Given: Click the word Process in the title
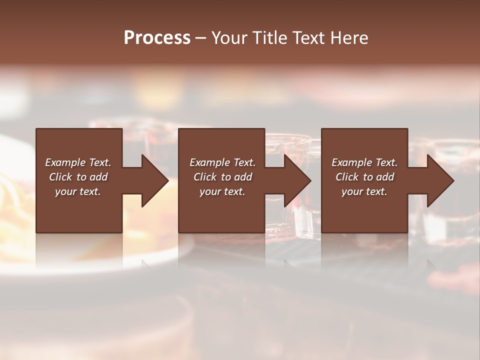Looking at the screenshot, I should [157, 38].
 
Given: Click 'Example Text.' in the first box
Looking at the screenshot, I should [78, 162].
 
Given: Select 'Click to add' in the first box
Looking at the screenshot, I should [78, 177].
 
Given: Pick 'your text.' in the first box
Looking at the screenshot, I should [78, 191].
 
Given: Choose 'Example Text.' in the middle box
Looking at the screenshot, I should [222, 162].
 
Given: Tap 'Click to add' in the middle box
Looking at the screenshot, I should [222, 177].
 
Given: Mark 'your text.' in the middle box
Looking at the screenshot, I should [222, 191].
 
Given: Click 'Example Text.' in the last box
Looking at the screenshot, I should [364, 162].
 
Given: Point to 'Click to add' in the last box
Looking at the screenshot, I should [364, 177].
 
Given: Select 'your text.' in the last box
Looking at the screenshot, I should [364, 191].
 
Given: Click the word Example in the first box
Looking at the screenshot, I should [65, 162].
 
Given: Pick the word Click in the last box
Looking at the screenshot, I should [347, 177].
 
